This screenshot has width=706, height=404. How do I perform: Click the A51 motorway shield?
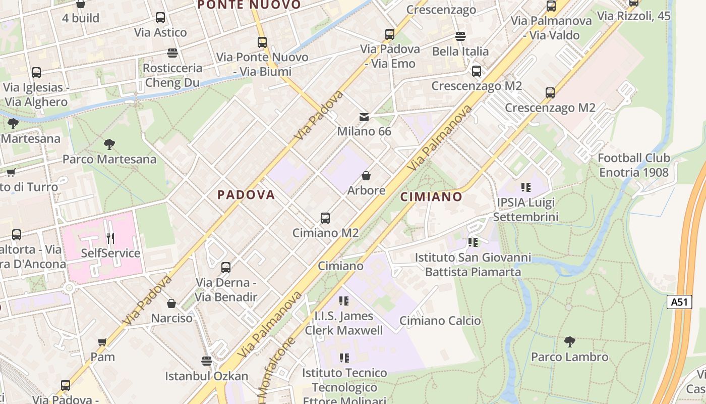click(x=679, y=302)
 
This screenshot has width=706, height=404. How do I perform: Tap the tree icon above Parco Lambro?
click(x=570, y=342)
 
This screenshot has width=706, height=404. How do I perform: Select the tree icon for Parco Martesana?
click(x=109, y=144)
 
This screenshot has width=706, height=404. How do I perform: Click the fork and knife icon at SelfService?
click(x=110, y=238)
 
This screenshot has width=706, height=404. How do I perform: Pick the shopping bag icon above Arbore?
click(x=366, y=176)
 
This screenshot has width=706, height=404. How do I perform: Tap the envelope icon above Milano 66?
click(x=364, y=117)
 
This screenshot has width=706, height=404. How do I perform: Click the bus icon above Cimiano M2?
click(x=325, y=218)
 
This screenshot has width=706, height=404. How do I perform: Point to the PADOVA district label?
click(x=246, y=195)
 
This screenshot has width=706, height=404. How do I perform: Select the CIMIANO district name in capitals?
click(x=431, y=197)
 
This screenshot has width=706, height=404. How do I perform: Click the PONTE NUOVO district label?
click(x=249, y=5)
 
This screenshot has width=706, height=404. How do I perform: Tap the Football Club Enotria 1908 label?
click(x=634, y=165)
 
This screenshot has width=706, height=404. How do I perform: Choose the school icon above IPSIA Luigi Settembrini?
click(x=526, y=187)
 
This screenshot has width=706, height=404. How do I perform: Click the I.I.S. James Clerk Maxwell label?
click(x=344, y=323)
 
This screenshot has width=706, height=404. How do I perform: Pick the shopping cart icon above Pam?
click(x=102, y=342)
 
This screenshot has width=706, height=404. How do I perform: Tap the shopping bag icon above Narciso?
click(x=171, y=304)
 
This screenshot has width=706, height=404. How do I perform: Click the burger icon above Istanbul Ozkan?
click(x=206, y=361)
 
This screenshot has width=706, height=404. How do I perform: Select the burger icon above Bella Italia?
click(x=460, y=36)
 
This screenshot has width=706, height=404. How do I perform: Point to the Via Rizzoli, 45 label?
click(x=634, y=16)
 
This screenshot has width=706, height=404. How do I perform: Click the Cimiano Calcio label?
click(x=440, y=321)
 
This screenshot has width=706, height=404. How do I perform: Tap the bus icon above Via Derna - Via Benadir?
click(x=226, y=267)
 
